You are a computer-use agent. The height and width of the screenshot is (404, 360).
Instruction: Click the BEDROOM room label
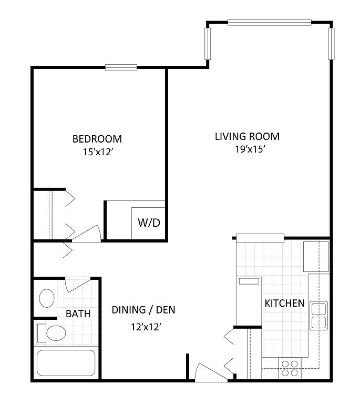tap(97, 139)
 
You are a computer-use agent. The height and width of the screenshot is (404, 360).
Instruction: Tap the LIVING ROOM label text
tap(248, 137)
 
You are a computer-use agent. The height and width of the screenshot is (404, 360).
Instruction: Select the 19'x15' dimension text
tap(250, 149)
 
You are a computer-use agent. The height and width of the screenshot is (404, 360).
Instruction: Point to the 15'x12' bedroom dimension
tap(98, 152)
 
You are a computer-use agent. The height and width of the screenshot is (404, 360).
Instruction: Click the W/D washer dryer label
tap(149, 223)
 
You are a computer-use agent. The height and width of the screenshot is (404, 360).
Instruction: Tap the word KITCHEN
tap(285, 303)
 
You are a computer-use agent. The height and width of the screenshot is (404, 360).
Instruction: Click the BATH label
tap(78, 314)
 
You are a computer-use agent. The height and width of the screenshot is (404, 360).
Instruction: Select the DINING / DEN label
tap(143, 310)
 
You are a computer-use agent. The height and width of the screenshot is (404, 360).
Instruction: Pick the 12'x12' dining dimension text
tap(146, 327)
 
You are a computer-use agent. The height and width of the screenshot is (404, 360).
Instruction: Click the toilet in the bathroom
tap(52, 333)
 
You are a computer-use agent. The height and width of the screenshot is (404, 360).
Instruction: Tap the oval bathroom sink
tap(47, 298)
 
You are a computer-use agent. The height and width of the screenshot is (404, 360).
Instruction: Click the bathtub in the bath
tap(66, 363)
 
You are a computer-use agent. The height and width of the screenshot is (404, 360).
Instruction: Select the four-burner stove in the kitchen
tap(290, 368)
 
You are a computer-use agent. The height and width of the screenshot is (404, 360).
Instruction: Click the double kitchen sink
tap(318, 316)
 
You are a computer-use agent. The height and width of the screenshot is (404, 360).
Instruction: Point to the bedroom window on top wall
tap(121, 67)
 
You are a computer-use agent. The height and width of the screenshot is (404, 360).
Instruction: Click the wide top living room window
tap(270, 23)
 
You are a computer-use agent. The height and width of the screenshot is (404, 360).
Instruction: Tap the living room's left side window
tap(208, 44)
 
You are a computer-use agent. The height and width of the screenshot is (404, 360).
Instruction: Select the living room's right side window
tap(331, 44)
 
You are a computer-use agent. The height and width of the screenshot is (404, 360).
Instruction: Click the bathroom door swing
tap(76, 285)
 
